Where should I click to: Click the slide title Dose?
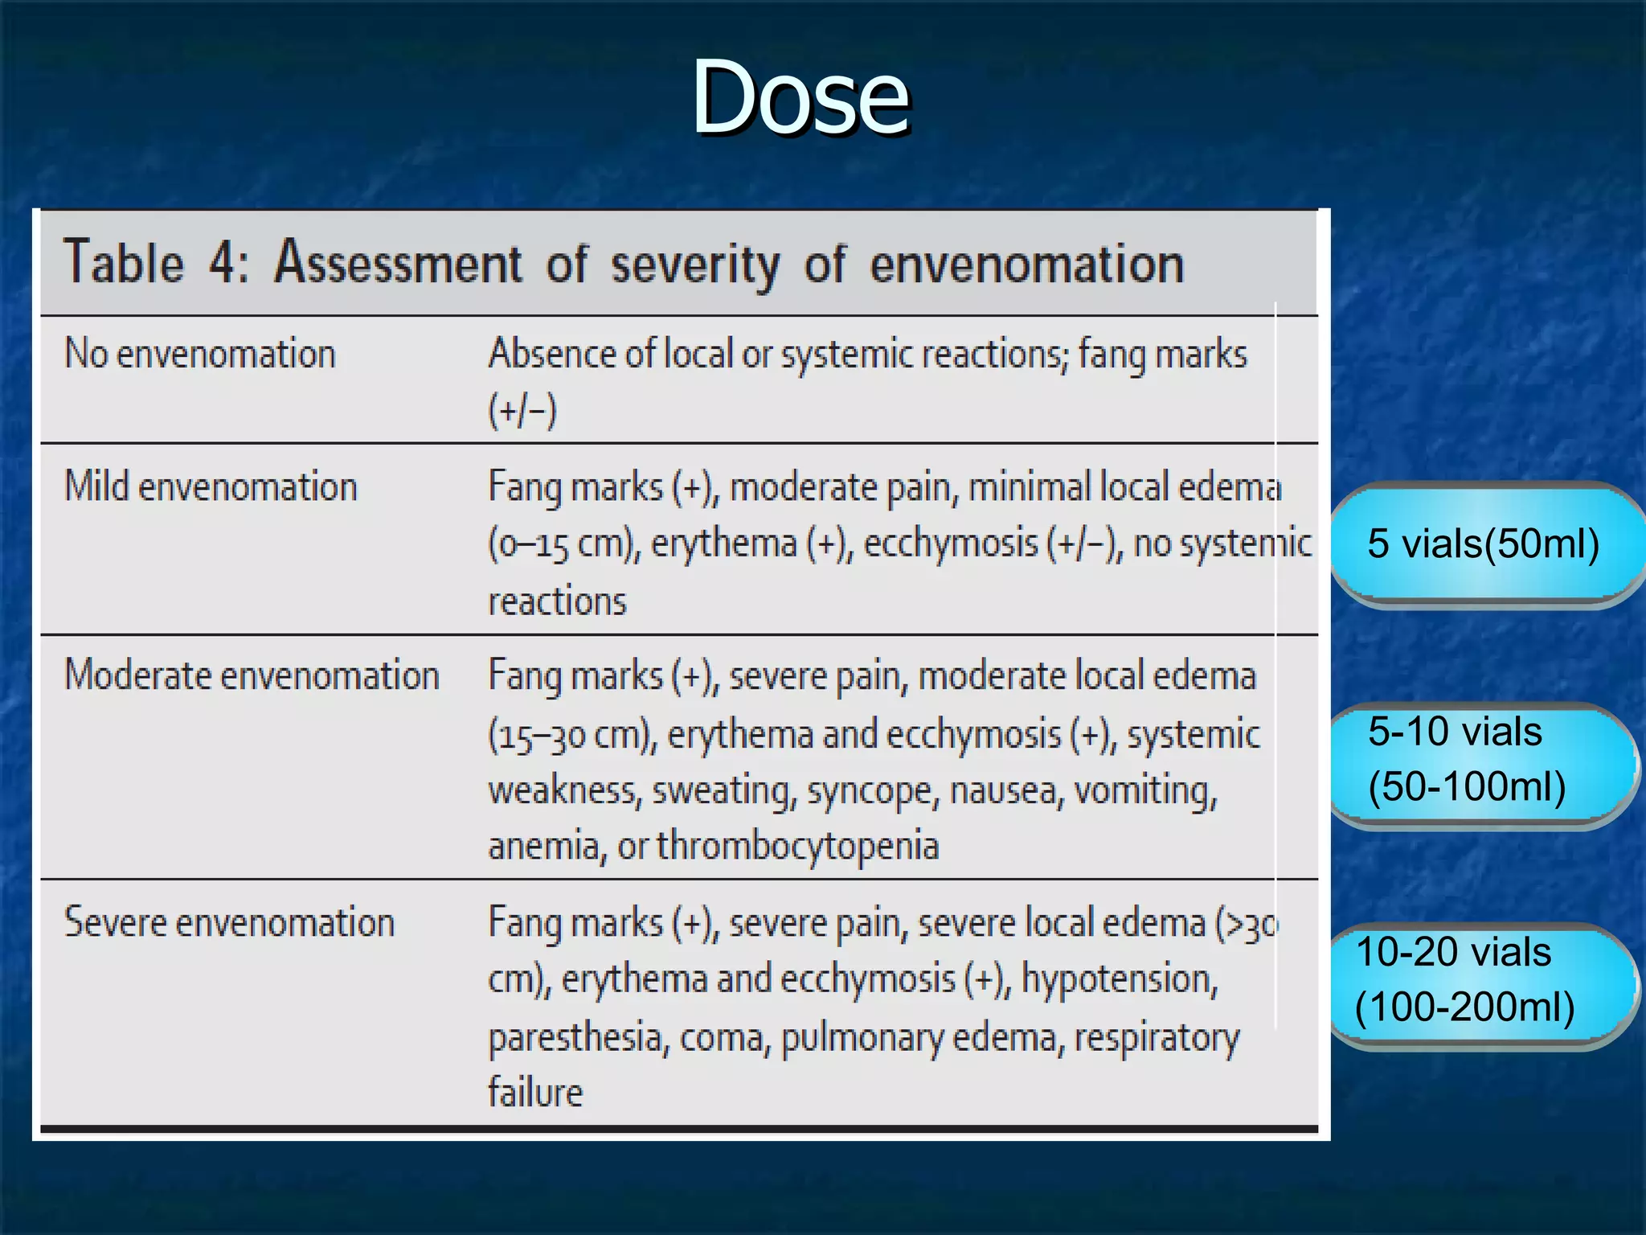[800, 98]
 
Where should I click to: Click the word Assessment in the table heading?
[398, 263]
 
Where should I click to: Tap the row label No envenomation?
[200, 354]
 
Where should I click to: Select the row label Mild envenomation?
[211, 487]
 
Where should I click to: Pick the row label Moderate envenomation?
[252, 675]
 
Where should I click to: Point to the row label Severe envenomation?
[229, 922]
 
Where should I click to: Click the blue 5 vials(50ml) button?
[1483, 544]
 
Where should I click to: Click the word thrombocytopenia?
[797, 846]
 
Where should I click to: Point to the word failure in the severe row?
[535, 1093]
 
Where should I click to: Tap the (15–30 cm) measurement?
[572, 735]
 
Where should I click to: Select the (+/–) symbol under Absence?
[522, 411]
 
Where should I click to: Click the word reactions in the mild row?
[557, 601]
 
